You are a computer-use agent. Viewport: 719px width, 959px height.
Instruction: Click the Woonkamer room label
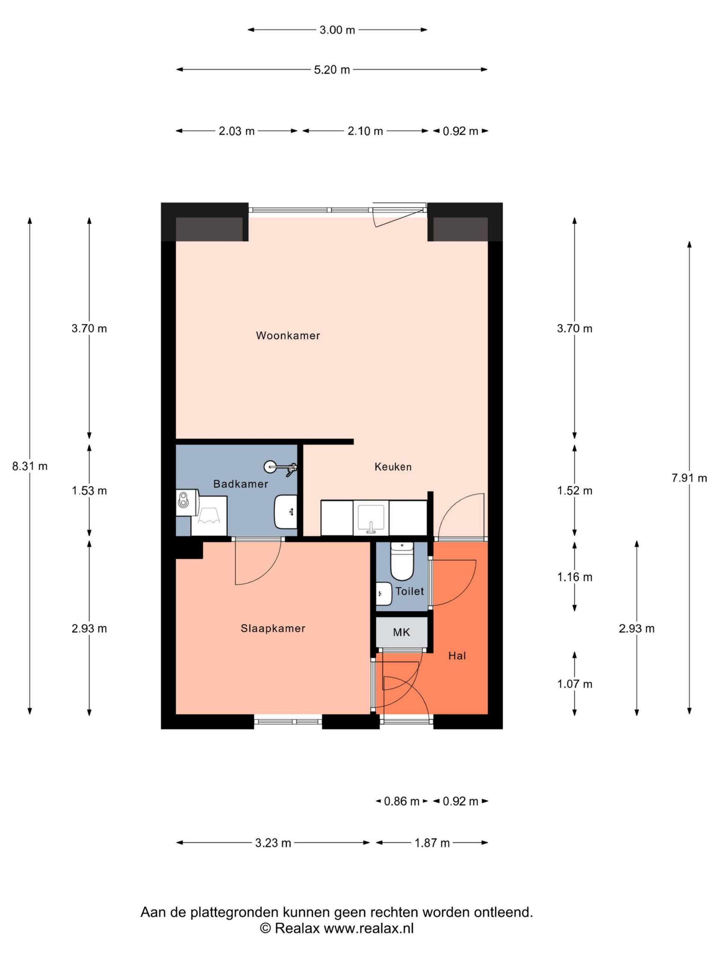[288, 336]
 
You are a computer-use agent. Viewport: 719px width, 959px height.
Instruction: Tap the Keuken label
[393, 467]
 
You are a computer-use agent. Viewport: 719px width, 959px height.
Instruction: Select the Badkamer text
[240, 484]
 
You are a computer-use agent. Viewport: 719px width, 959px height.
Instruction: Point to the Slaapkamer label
[273, 628]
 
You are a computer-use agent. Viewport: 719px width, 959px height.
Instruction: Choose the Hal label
[457, 656]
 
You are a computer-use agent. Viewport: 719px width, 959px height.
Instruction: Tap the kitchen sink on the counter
[371, 518]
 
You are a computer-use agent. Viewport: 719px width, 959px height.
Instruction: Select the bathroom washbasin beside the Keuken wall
[286, 512]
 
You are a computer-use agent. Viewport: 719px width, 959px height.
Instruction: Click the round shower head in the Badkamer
[270, 466]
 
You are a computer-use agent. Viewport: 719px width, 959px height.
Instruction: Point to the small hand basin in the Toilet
[383, 593]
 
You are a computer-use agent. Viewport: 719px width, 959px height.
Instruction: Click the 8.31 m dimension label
[30, 466]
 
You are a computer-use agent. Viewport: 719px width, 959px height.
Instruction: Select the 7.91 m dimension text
[689, 478]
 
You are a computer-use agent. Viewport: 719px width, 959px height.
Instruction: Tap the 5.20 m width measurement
[331, 70]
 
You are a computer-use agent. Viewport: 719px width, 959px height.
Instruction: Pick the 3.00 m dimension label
[337, 30]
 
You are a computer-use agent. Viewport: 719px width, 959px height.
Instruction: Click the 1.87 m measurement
[432, 843]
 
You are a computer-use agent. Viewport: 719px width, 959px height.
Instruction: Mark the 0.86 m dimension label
[402, 801]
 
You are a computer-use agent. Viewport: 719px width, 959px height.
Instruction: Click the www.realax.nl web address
[369, 928]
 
